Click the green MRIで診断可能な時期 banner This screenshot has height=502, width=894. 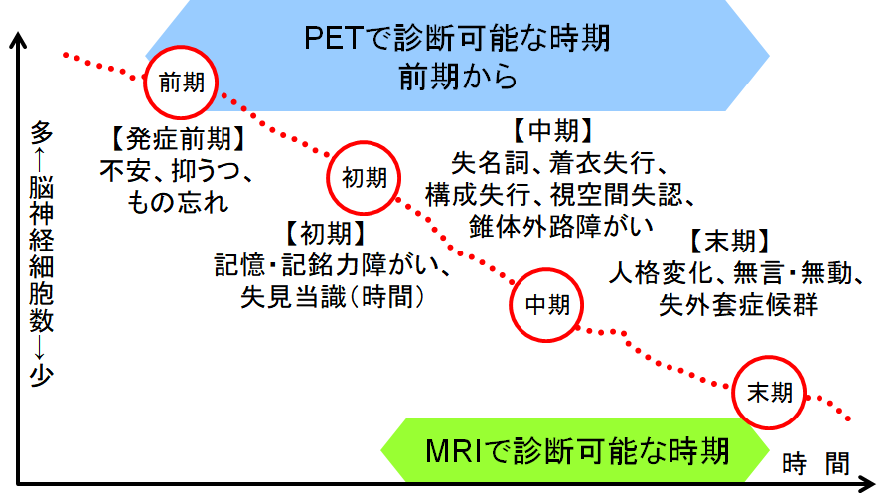575,450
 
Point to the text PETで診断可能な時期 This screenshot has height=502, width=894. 457,39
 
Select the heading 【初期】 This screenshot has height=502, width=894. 325,233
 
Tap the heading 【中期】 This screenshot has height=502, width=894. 552,130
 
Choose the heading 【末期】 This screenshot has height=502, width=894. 730,241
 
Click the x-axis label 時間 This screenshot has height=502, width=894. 816,463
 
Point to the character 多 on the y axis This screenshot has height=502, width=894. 41,133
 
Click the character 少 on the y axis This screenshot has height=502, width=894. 41,375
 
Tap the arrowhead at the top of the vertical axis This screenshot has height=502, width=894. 18,40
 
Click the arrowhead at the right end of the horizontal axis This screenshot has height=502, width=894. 866,484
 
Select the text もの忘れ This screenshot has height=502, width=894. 178,203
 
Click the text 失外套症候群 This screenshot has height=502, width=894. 738,304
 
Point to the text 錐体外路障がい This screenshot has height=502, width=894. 561,226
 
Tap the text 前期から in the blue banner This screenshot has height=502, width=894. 457,77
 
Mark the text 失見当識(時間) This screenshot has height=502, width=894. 333,296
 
